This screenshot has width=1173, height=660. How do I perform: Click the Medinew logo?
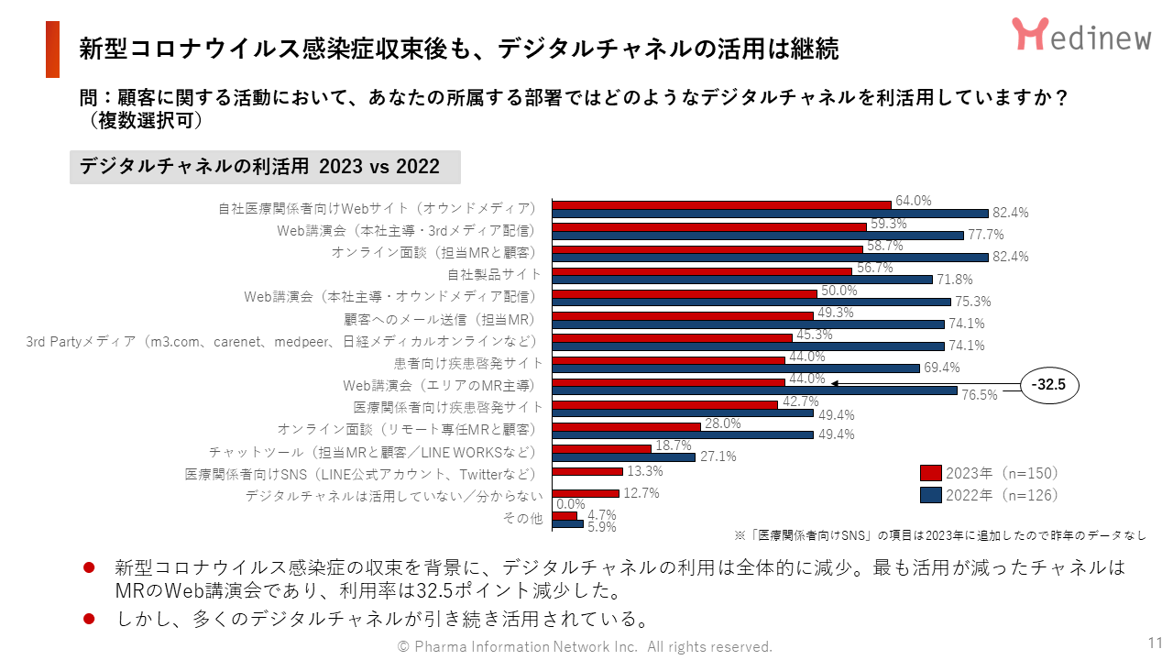[x=1081, y=35]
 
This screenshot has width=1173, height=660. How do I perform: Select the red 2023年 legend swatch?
[x=930, y=473]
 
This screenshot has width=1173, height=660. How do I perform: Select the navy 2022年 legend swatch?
[x=930, y=495]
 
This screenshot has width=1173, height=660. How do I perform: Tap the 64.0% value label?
[x=913, y=200]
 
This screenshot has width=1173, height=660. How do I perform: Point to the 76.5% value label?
[x=980, y=395]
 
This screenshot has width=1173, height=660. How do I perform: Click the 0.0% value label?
[x=571, y=504]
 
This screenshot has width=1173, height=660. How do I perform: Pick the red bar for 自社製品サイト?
[x=702, y=270]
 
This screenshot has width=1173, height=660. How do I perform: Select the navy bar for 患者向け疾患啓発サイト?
[x=736, y=368]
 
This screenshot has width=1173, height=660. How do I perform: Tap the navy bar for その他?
[x=568, y=524]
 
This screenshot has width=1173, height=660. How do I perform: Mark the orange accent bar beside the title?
[x=52, y=49]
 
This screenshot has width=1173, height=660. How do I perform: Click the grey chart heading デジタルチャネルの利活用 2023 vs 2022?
[x=265, y=167]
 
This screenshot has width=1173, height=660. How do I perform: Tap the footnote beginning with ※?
[x=940, y=533]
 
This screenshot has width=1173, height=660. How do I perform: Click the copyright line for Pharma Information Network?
[x=585, y=646]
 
